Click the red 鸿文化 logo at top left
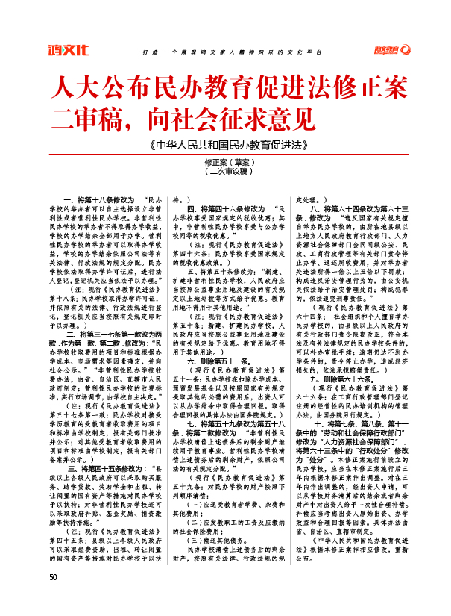[x=69, y=51]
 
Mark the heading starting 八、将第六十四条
[x=358, y=208]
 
